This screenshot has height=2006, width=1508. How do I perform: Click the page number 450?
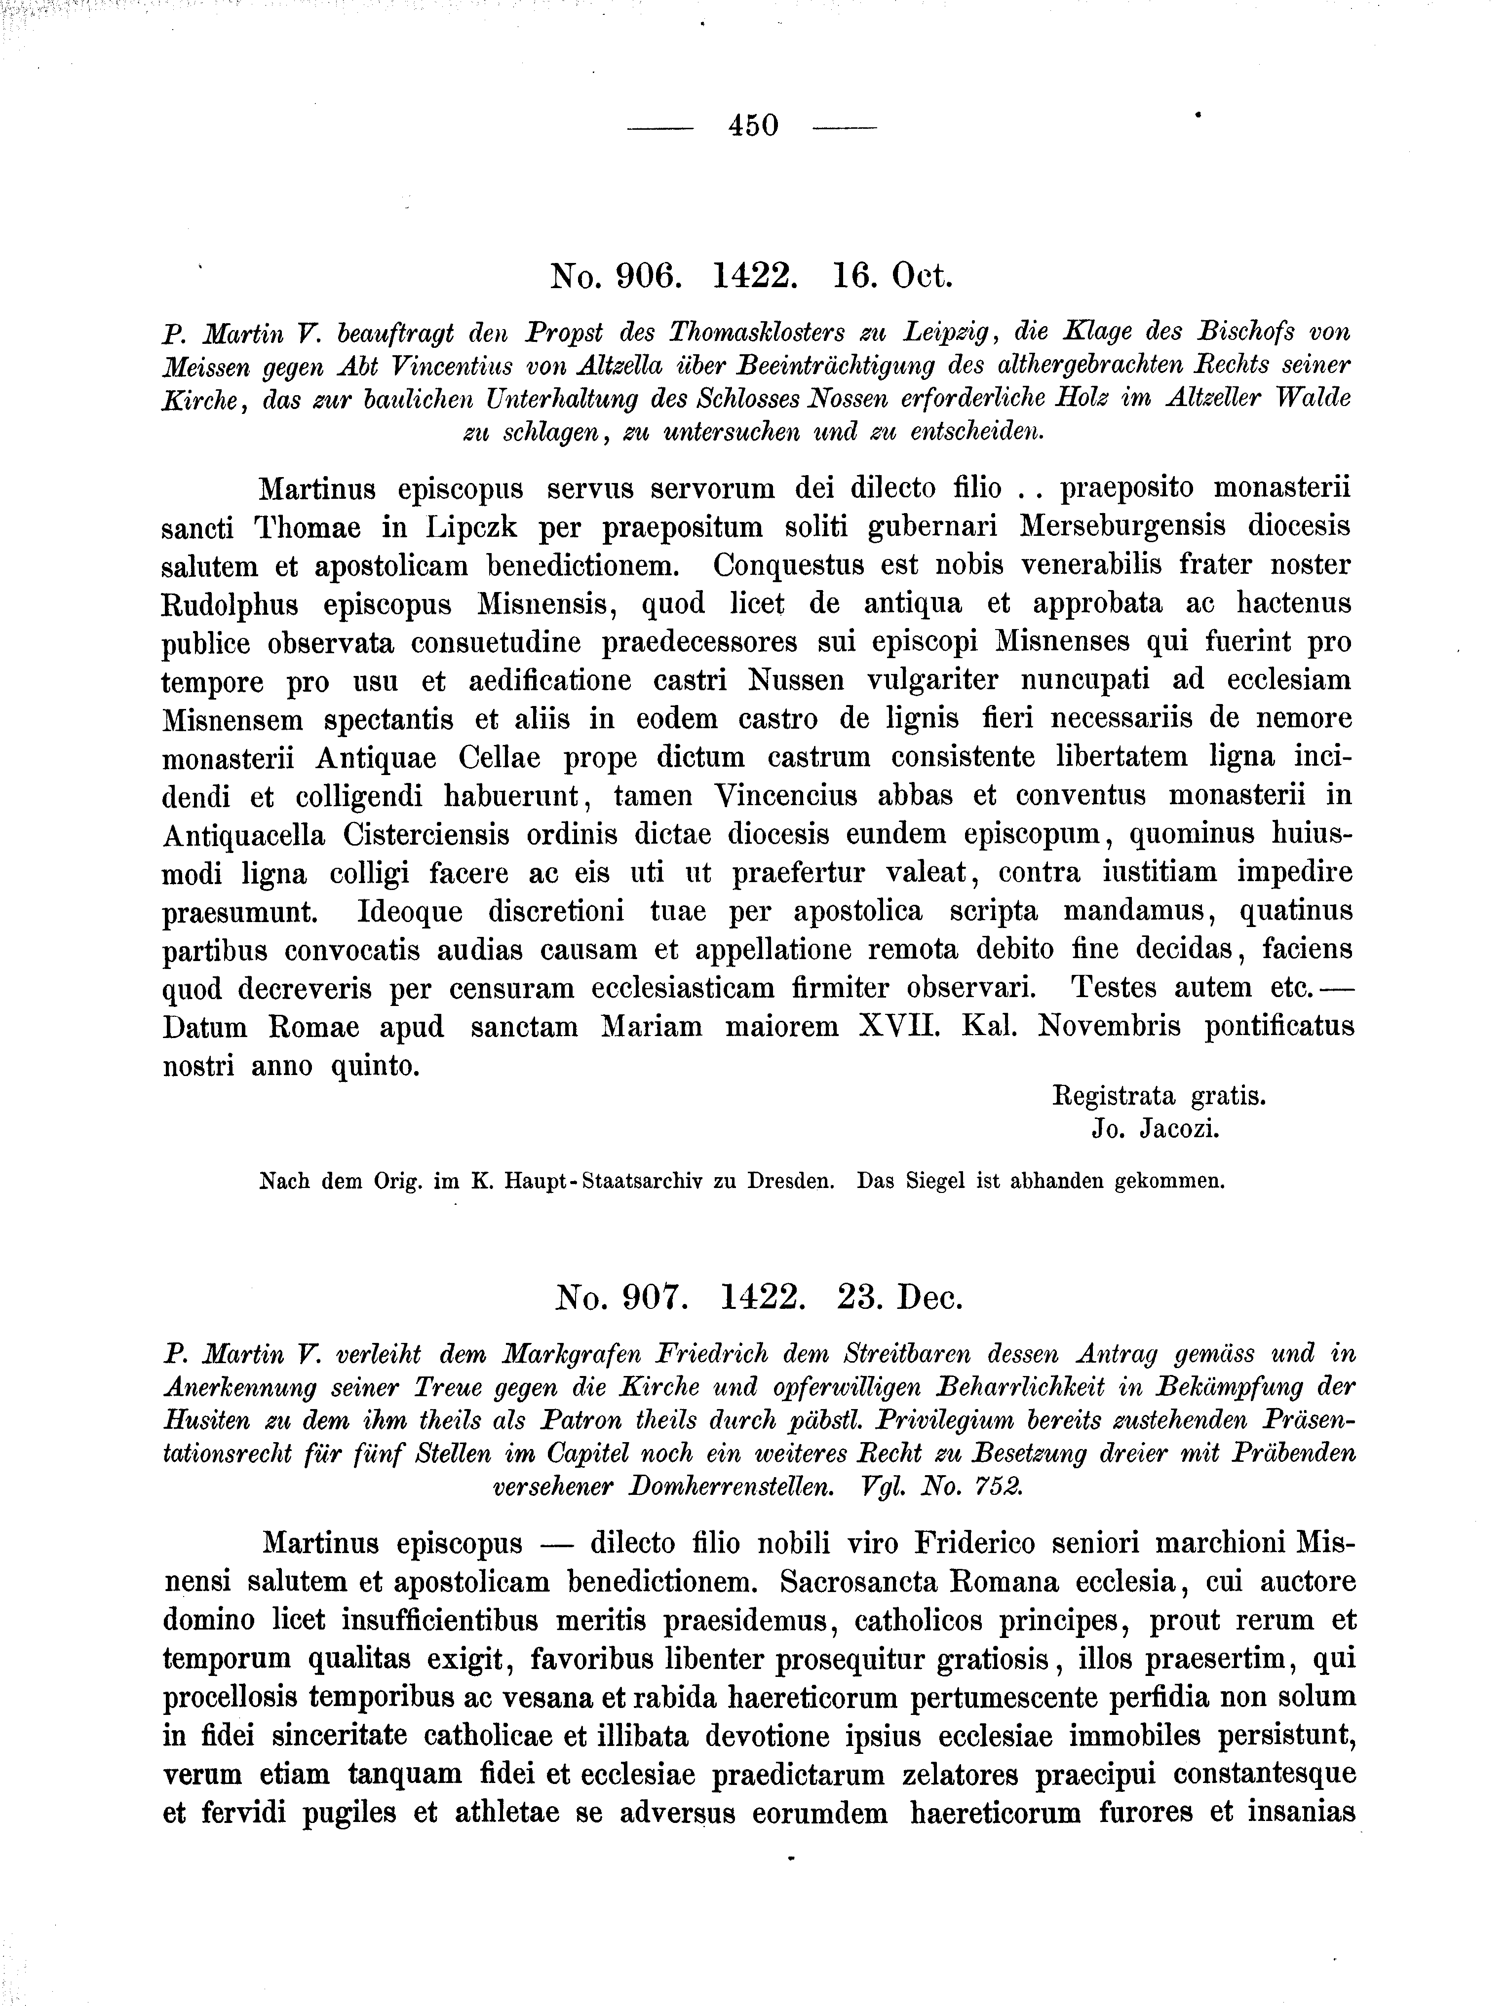753,125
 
